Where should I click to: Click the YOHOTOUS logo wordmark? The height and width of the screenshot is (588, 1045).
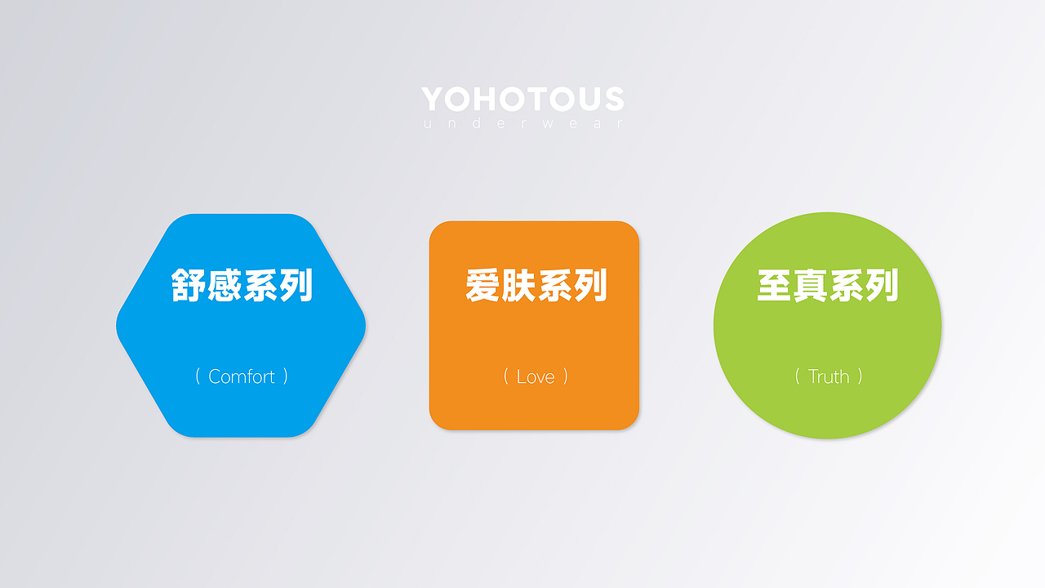(x=522, y=99)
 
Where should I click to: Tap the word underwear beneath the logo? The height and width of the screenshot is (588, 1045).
(x=523, y=123)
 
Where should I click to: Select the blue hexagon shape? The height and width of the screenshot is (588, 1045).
(x=241, y=325)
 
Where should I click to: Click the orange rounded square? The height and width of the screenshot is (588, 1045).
(x=534, y=325)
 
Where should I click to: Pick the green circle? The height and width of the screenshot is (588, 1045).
(x=828, y=325)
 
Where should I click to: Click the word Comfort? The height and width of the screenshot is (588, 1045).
(x=241, y=376)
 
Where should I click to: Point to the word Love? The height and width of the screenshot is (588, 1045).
(x=536, y=376)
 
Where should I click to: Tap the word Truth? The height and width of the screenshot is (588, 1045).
(x=829, y=376)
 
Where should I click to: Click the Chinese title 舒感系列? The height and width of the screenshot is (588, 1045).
(x=242, y=285)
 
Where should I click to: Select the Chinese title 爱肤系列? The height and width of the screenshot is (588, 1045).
(x=536, y=285)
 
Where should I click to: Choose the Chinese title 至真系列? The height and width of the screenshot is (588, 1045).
(x=828, y=285)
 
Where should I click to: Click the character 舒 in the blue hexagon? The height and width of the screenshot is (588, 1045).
(x=188, y=285)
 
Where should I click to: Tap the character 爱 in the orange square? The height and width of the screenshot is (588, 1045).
(x=482, y=285)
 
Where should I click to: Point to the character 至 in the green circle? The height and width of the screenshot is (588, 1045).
(x=775, y=285)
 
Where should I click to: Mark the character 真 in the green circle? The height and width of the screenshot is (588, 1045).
(x=811, y=285)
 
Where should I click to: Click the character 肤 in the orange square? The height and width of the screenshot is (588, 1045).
(x=518, y=285)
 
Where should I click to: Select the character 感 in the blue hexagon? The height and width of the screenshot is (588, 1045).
(x=224, y=285)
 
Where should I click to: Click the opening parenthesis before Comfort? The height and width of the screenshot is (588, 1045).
(x=198, y=376)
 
